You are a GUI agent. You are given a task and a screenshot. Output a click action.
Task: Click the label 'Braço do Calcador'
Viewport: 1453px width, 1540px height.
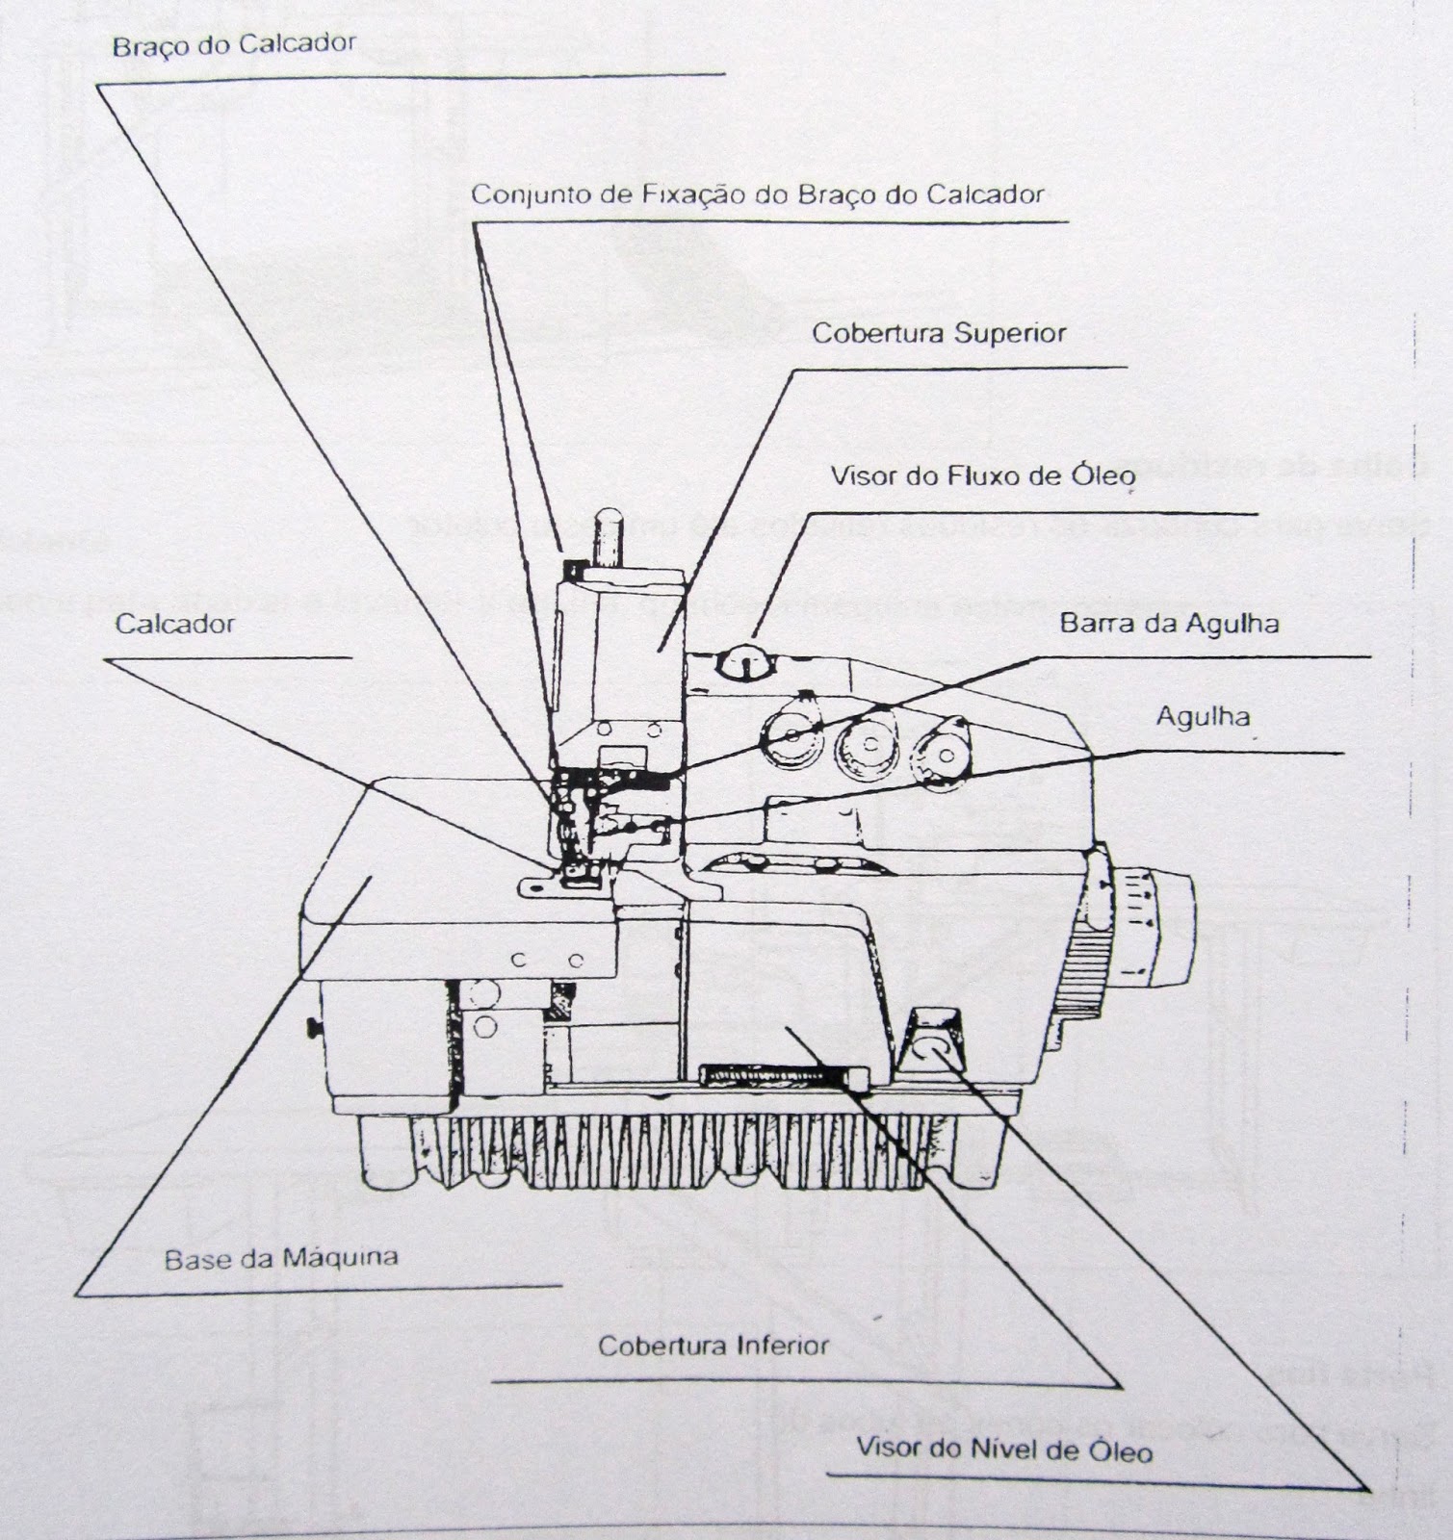point(234,45)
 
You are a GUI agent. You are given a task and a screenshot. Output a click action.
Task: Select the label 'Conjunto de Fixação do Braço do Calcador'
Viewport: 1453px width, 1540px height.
point(757,194)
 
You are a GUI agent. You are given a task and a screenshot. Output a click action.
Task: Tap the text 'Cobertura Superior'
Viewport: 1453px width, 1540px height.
point(939,334)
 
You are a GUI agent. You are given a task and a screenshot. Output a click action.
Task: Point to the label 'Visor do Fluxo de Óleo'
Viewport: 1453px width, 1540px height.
point(983,475)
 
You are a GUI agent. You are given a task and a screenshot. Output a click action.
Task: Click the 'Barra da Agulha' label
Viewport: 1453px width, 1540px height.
point(1169,624)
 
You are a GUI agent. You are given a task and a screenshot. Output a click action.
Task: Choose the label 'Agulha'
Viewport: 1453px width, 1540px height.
point(1203,716)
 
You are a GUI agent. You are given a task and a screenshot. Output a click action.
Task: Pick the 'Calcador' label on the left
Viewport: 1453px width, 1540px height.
point(174,624)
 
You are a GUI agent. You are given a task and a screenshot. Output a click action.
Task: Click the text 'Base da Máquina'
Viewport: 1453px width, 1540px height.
point(280,1258)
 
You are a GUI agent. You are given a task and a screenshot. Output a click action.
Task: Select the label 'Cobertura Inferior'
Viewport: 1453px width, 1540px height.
point(713,1345)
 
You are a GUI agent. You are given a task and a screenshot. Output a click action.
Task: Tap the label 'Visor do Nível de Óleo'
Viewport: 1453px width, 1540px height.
point(1003,1449)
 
